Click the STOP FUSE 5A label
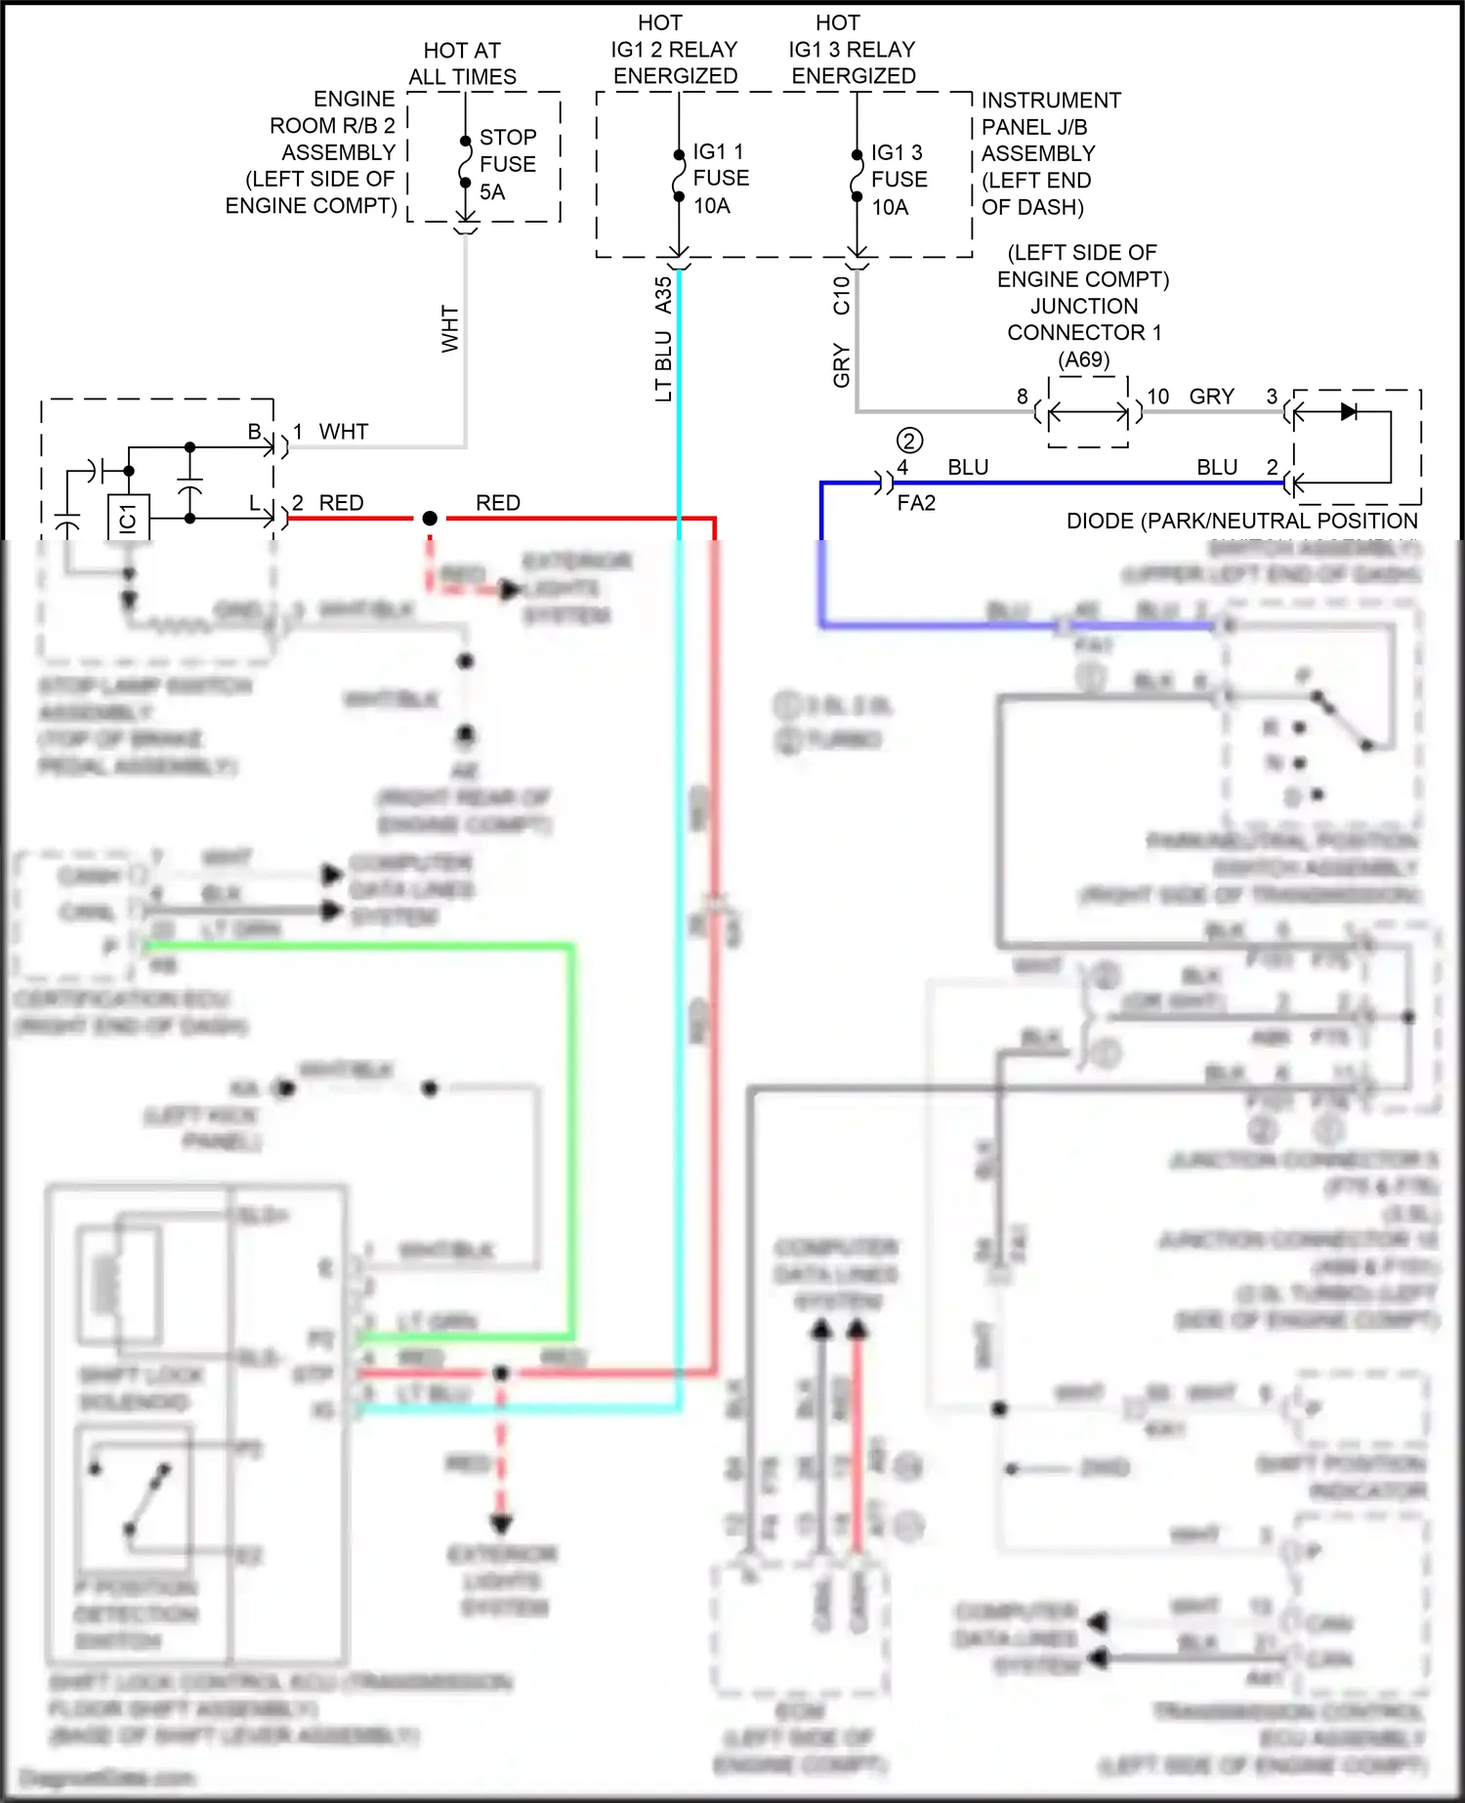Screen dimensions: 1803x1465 507,164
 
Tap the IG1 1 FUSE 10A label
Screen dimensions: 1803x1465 721,179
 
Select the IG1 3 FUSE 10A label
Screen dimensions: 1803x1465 899,180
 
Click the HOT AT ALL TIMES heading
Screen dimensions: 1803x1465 462,63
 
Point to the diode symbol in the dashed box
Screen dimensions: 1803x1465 1349,412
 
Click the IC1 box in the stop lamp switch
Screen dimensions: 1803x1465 128,518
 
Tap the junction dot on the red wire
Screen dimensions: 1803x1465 430,519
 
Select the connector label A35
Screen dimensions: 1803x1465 664,295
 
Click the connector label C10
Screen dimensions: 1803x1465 842,295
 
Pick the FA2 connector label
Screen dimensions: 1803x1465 916,503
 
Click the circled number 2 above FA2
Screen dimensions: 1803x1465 909,440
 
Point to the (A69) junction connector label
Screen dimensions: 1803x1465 1084,359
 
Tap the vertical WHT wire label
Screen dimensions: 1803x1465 450,329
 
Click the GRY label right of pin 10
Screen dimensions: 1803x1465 1212,397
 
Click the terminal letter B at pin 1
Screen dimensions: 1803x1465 254,432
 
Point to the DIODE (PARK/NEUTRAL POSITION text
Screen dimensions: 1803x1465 1241,522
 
